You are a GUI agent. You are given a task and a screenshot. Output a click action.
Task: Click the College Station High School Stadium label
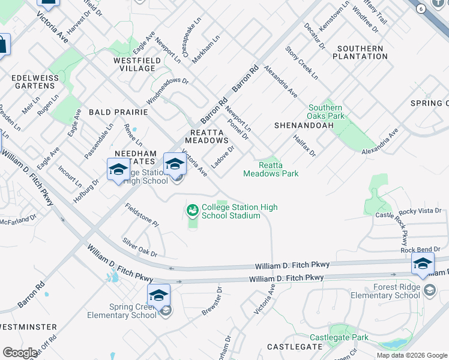pyautogui.click(x=239, y=211)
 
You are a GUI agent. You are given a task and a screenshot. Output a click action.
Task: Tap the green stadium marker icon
pyautogui.click(x=193, y=210)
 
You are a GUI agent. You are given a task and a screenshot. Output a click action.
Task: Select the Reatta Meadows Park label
pyautogui.click(x=271, y=169)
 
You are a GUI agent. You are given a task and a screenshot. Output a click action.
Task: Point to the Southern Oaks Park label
pyautogui.click(x=326, y=111)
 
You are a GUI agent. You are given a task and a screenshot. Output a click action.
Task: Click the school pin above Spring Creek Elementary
pyautogui.click(x=159, y=295)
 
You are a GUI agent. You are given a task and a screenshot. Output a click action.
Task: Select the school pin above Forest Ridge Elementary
pyautogui.click(x=423, y=264)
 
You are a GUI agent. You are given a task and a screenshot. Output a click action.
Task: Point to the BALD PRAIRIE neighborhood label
pyautogui.click(x=118, y=112)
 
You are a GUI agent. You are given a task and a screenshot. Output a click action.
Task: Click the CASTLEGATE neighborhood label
pyautogui.click(x=295, y=347)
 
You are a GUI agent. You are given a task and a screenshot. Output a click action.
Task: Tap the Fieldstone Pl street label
pyautogui.click(x=142, y=215)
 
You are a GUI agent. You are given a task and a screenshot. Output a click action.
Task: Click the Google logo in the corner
pyautogui.click(x=20, y=353)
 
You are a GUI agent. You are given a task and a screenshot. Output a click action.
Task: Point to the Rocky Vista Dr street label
pyautogui.click(x=420, y=211)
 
